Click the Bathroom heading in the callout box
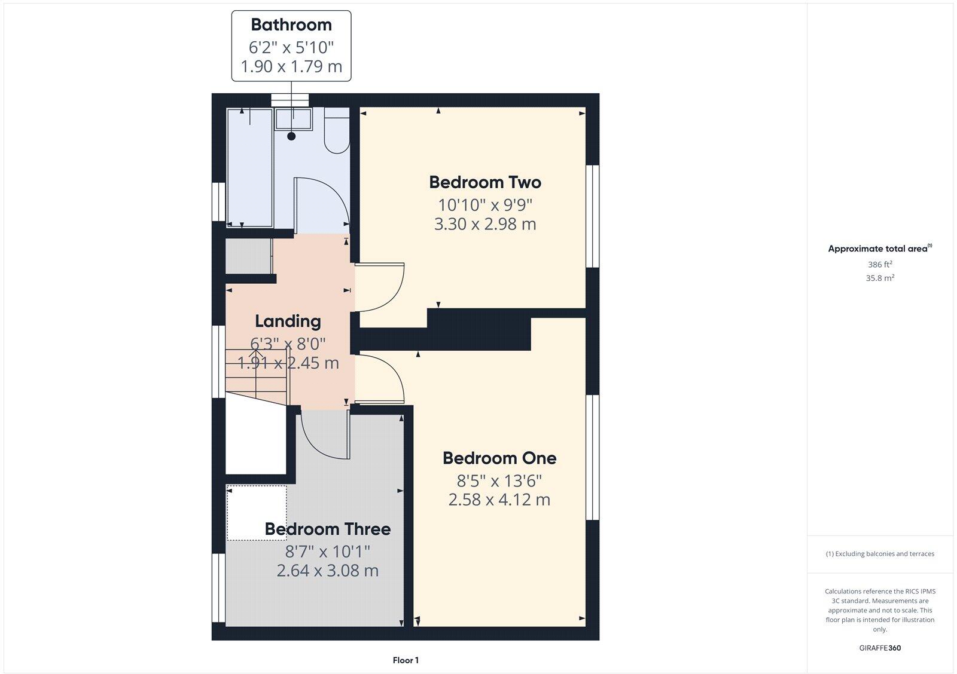click(291, 25)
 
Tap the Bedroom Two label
click(485, 182)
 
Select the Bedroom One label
click(499, 458)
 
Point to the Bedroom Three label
click(328, 529)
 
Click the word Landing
click(288, 321)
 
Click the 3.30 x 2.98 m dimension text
click(485, 225)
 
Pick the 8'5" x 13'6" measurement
click(499, 480)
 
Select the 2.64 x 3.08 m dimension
click(328, 571)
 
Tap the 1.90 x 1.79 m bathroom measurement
click(291, 66)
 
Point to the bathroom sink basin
click(292, 119)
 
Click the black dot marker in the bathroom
click(291, 136)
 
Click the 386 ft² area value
click(880, 264)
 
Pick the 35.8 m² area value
click(880, 278)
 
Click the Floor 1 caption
click(406, 660)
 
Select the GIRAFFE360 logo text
click(880, 648)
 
